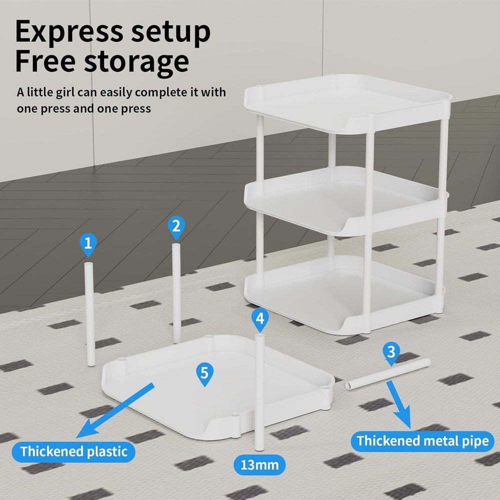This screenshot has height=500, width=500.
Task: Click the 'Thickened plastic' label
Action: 73,451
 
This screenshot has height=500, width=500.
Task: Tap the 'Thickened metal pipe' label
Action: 422,441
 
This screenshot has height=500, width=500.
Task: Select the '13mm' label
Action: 259,465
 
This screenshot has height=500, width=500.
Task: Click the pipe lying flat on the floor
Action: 388,373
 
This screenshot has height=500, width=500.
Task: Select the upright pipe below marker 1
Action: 89,314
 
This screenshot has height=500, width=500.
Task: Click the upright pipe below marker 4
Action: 259,392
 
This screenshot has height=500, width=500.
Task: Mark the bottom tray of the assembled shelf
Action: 344,295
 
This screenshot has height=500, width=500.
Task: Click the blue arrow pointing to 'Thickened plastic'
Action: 115,410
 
